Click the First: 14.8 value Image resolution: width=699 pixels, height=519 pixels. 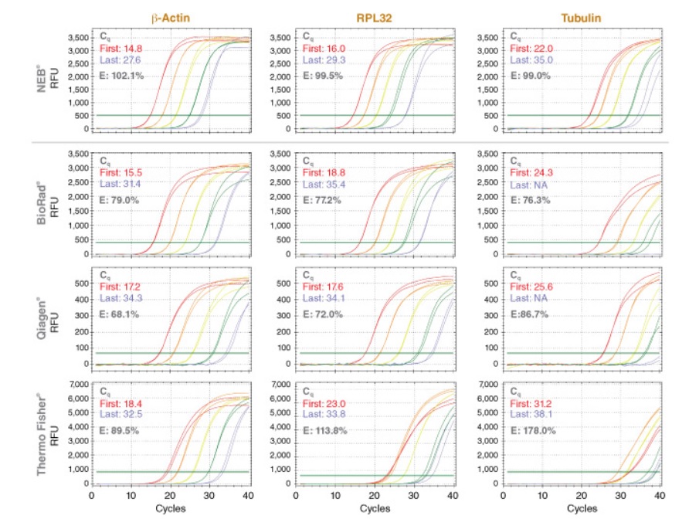point(117,48)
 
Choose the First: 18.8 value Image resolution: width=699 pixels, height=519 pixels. point(323,173)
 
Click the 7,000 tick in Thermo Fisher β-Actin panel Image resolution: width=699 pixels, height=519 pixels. point(76,384)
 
